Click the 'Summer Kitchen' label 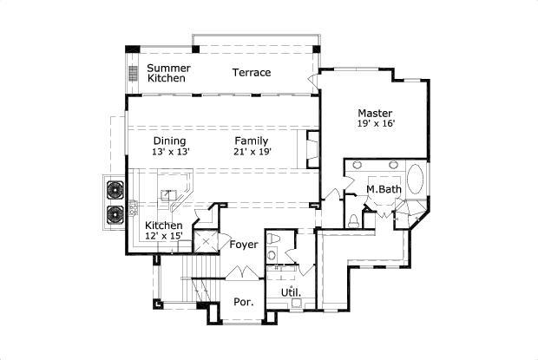click(168, 73)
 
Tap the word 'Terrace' click(252, 72)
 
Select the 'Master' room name click(375, 113)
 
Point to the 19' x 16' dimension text click(376, 124)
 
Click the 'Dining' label click(169, 141)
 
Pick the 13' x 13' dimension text click(170, 152)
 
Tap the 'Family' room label click(251, 141)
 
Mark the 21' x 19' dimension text click(252, 152)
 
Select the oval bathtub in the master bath click(416, 182)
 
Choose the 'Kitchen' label click(163, 226)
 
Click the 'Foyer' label click(244, 245)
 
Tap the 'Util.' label click(291, 292)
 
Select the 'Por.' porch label click(243, 303)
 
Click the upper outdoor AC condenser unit click(115, 190)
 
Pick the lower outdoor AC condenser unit click(115, 214)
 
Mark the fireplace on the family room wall click(311, 147)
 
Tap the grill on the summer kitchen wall click(134, 74)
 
